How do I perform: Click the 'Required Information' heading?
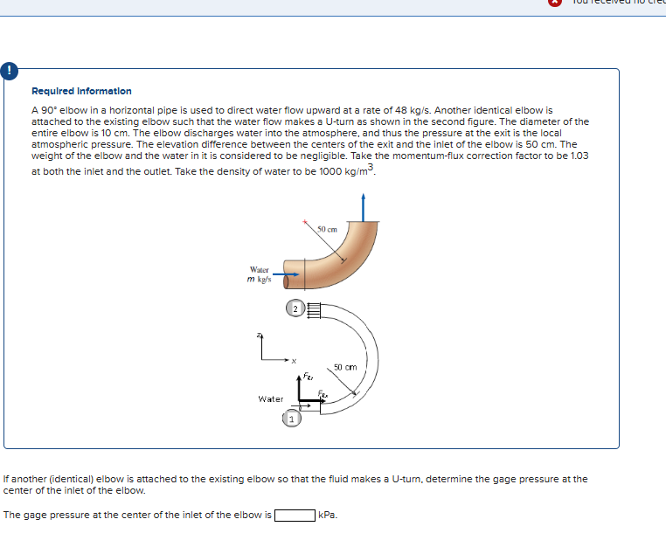tap(81, 91)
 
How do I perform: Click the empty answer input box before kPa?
tap(295, 515)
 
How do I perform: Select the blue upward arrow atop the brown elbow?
tap(362, 208)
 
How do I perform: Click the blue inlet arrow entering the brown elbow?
tap(290, 274)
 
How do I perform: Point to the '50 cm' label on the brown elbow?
tap(328, 229)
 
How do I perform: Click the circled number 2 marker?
tap(295, 308)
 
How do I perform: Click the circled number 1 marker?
tap(291, 420)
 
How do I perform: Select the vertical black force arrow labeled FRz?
tap(300, 390)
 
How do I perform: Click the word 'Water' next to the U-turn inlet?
tap(271, 398)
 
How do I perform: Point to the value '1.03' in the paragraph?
tap(579, 155)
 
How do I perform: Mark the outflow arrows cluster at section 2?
tap(314, 308)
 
